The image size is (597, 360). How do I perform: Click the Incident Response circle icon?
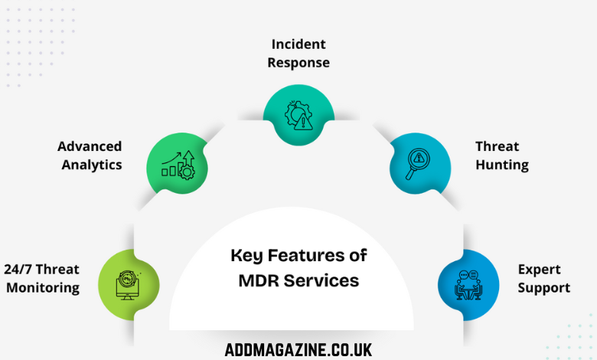[298, 116]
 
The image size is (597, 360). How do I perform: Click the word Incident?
[298, 45]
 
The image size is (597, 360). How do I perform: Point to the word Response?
[298, 63]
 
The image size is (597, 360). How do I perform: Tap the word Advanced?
[90, 146]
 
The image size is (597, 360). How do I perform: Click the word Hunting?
[501, 165]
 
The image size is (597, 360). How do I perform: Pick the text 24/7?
[19, 270]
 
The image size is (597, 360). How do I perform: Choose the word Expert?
[539, 270]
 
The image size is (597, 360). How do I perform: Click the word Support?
[543, 288]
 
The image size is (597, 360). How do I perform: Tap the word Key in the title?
[247, 255]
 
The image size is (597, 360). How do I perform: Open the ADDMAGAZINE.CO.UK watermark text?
[298, 350]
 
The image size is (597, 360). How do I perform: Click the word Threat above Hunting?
[497, 146]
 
